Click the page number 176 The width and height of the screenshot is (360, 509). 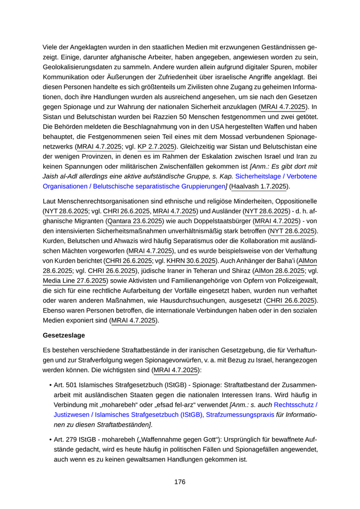tap(179, 482)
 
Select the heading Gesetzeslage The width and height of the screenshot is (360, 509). tap(64, 335)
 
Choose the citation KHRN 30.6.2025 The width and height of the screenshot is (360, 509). tap(191, 261)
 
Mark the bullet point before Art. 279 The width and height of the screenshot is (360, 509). tap(50, 439)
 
